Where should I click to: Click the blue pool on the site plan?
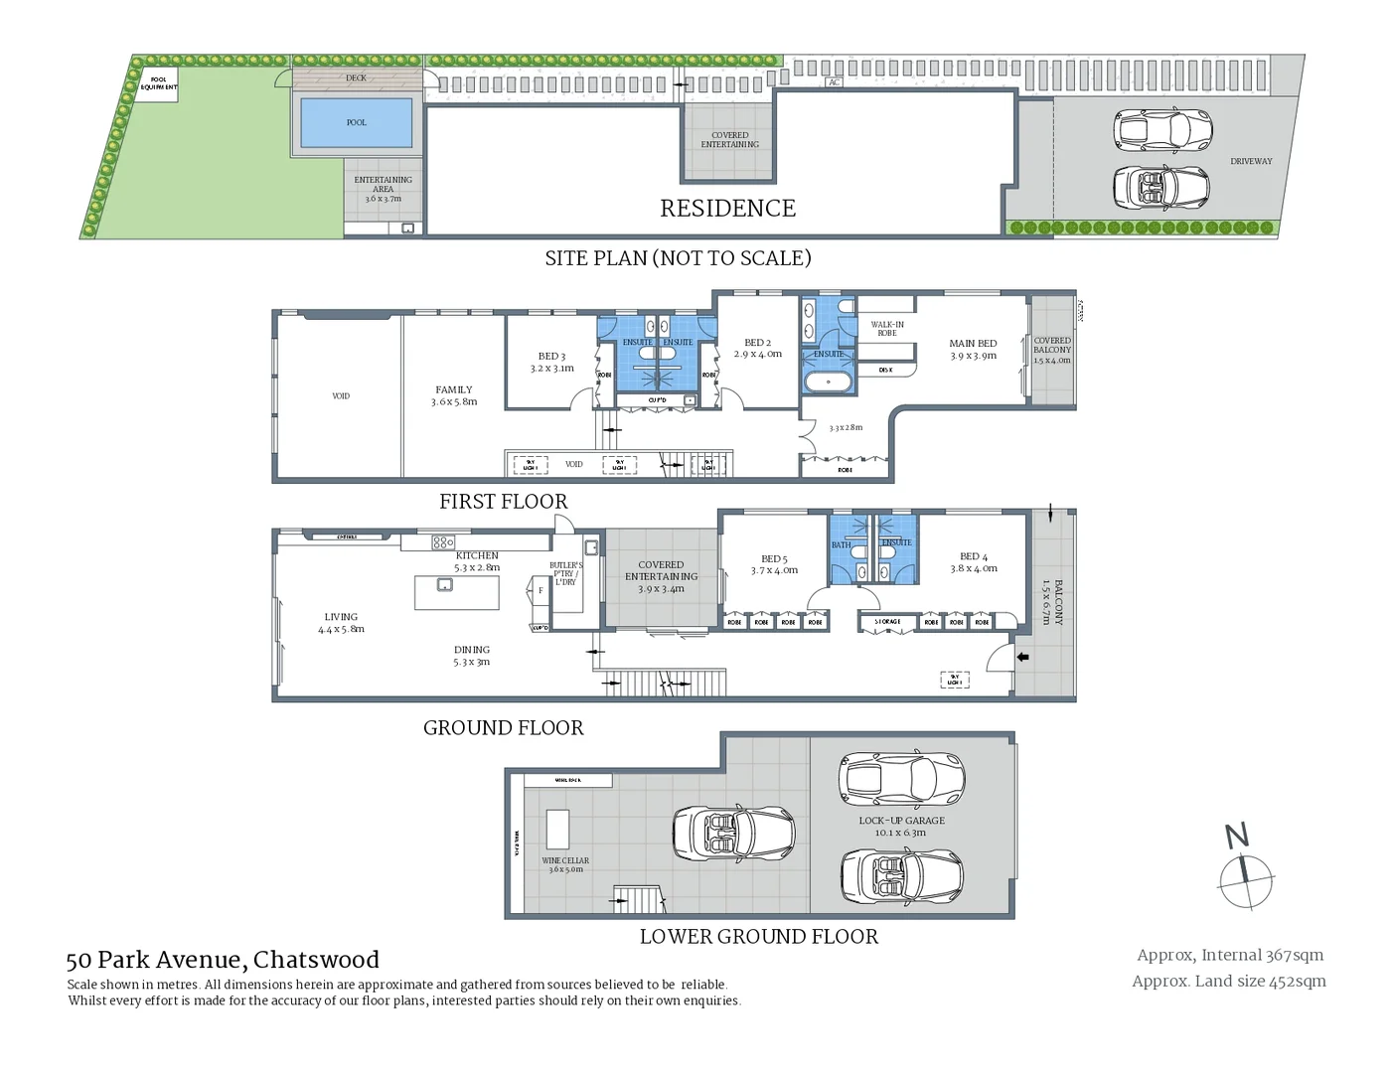click(x=356, y=122)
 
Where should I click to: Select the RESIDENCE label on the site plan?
click(x=727, y=209)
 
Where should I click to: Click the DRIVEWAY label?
click(x=1251, y=161)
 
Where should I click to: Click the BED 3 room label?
click(x=552, y=362)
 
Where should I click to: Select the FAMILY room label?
click(x=454, y=395)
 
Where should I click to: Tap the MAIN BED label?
click(x=973, y=349)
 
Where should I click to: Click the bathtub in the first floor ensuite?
click(x=827, y=382)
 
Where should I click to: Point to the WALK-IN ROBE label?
click(x=887, y=329)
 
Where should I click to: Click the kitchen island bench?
click(x=457, y=592)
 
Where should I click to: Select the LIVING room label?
click(x=341, y=622)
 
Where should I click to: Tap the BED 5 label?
click(x=774, y=564)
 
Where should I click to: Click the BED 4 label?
click(x=974, y=562)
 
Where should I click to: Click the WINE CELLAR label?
click(x=565, y=864)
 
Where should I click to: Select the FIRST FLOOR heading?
click(x=504, y=502)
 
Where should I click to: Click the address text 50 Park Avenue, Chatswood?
click(x=223, y=960)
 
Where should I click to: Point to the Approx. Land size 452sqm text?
click(x=1229, y=982)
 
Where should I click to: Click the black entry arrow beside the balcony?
click(x=1022, y=657)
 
